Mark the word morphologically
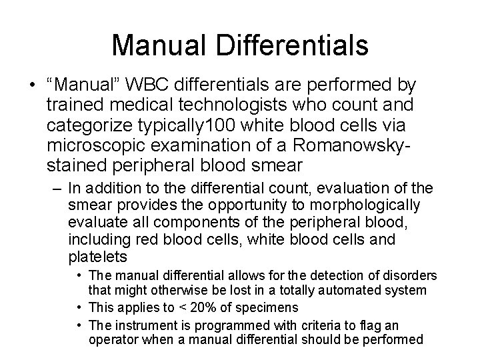point(364,204)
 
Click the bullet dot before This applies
point(79,307)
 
